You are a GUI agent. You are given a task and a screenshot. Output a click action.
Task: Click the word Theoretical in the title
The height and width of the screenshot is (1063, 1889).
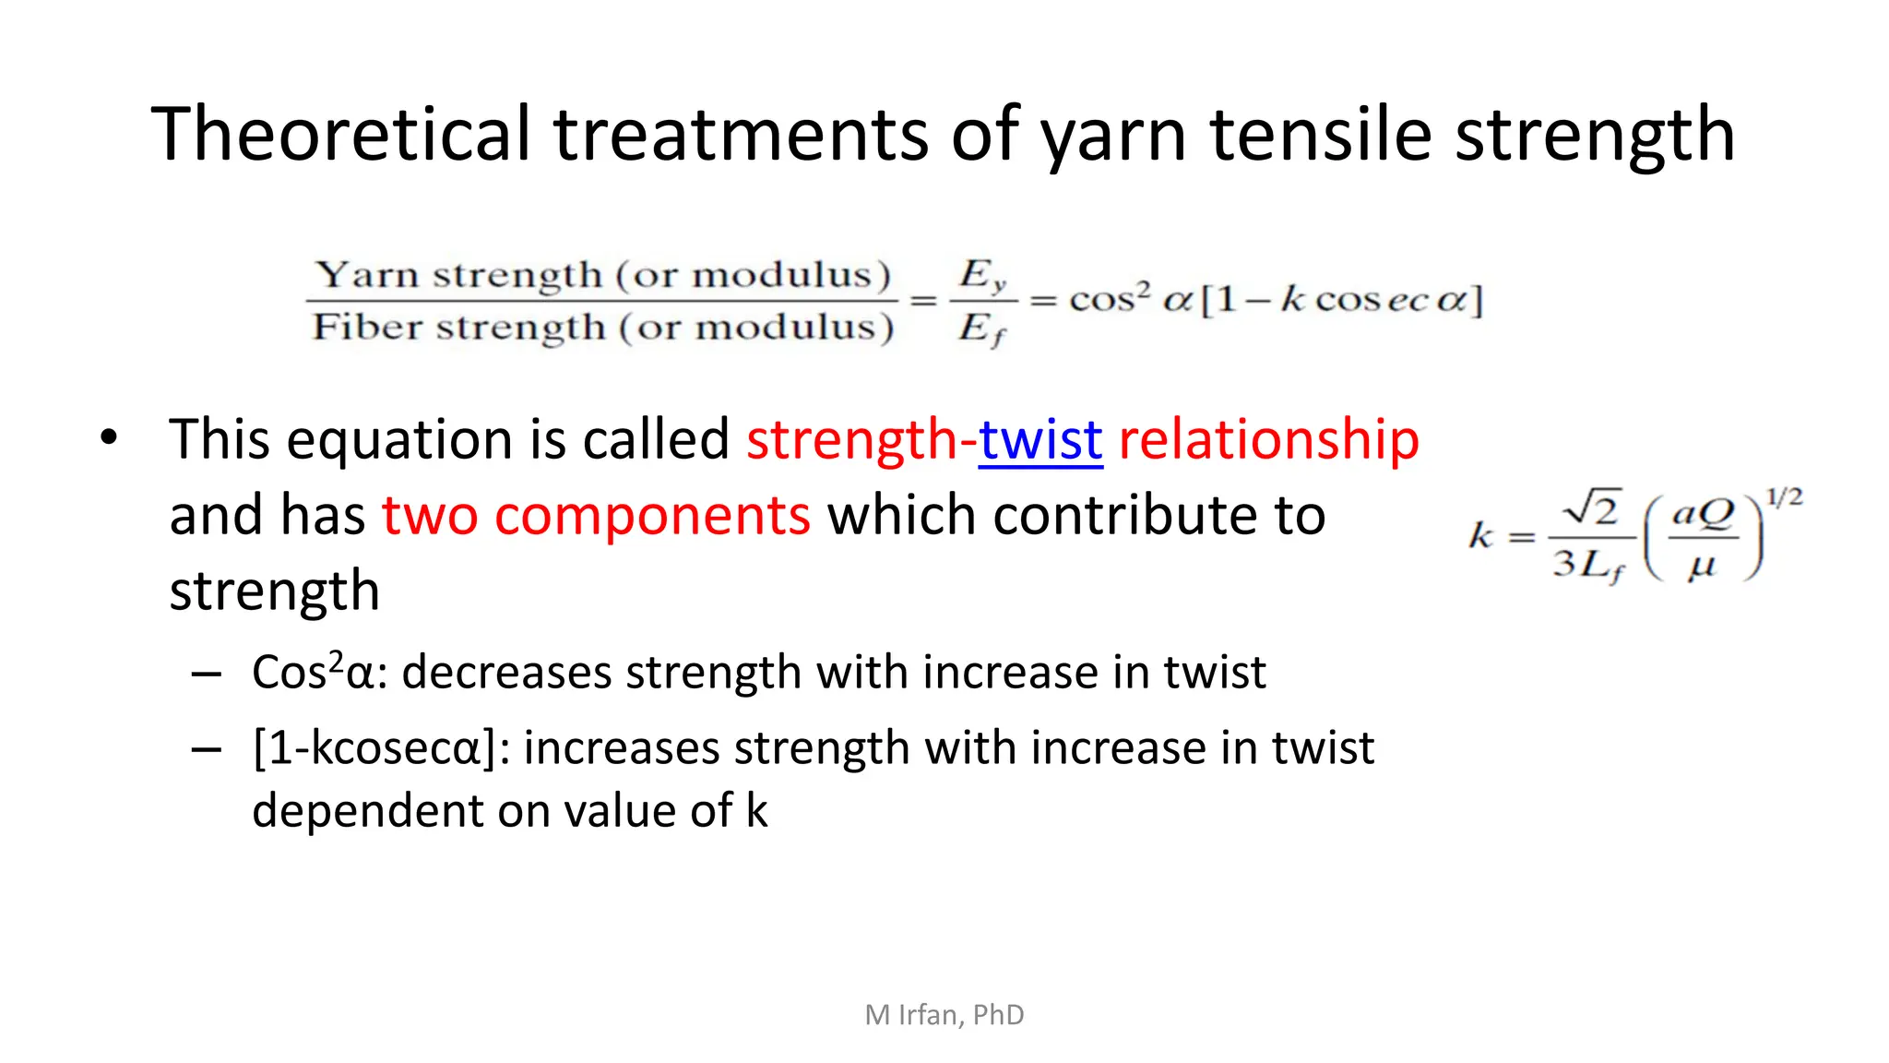[x=341, y=134]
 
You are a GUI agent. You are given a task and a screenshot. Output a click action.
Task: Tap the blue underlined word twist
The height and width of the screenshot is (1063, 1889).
[x=1040, y=439]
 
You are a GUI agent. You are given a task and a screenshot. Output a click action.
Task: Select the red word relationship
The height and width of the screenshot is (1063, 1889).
[x=1268, y=439]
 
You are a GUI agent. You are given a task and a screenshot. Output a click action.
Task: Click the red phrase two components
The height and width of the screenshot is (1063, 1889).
[x=596, y=515]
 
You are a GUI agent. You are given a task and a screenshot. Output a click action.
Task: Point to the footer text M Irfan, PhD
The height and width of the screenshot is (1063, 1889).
[x=944, y=1014]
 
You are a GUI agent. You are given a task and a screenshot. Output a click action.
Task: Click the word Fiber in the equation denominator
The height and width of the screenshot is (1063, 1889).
[x=366, y=327]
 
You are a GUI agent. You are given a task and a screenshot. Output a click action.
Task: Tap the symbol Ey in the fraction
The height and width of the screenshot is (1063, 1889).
[x=982, y=275]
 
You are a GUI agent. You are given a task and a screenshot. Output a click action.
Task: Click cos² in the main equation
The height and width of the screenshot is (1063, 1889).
[x=1109, y=298]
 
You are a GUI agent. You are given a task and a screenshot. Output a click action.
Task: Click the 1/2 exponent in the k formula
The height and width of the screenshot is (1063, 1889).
[x=1783, y=498]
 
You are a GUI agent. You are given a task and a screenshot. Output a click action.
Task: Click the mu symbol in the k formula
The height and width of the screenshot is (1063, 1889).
[x=1702, y=566]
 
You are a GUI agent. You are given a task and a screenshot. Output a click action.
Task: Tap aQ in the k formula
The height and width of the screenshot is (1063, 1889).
[x=1703, y=512]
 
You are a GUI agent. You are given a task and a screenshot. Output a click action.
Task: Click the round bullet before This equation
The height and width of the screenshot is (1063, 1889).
[x=109, y=437]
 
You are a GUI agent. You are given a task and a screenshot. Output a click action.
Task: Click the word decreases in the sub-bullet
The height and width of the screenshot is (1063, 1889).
[x=506, y=672]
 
